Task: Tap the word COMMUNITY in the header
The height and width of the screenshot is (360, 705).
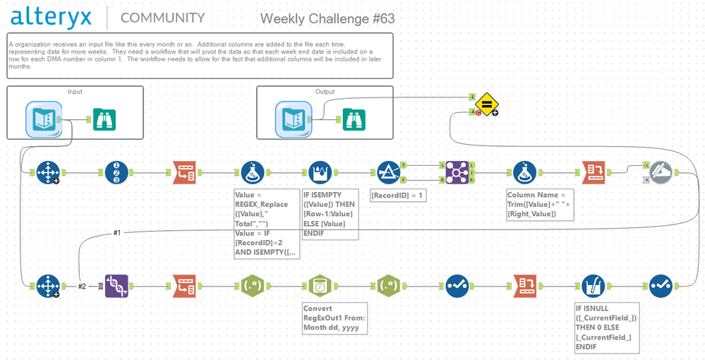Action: [162, 18]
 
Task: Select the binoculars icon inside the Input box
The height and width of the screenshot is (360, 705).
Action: [104, 120]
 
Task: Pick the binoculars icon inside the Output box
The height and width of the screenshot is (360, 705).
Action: [354, 120]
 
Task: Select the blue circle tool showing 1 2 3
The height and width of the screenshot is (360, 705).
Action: [116, 172]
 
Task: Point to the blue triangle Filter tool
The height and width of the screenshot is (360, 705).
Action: [389, 172]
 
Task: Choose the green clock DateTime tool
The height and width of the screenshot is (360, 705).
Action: [320, 286]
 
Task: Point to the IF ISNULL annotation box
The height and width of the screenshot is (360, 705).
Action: [606, 328]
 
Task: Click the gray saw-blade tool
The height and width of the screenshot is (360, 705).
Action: [661, 172]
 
